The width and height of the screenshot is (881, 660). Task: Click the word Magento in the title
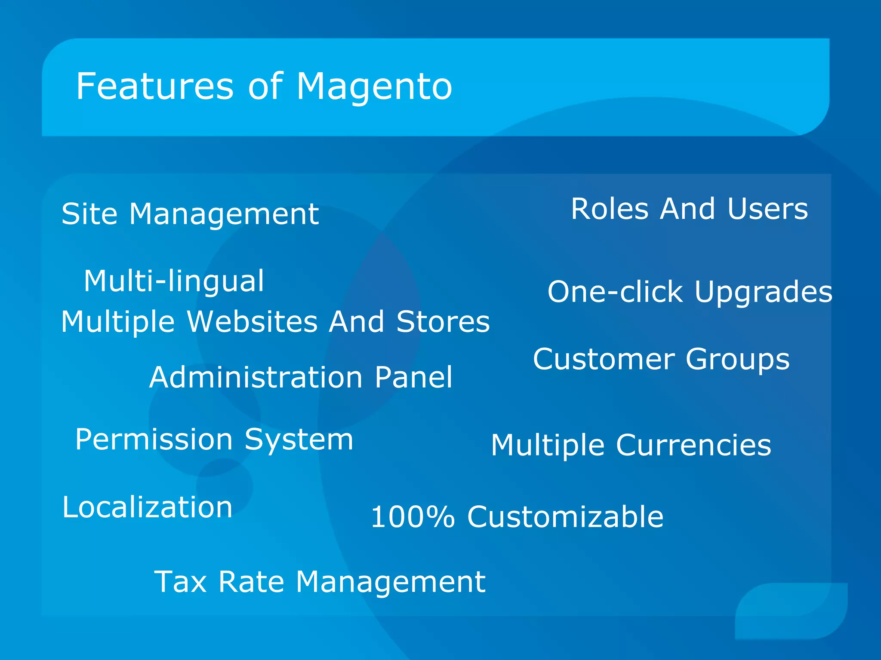pyautogui.click(x=374, y=87)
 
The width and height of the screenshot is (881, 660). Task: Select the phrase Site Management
pyautogui.click(x=190, y=214)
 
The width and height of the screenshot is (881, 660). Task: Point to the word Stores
pyautogui.click(x=443, y=322)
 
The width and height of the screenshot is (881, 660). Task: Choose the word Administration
pyautogui.click(x=256, y=378)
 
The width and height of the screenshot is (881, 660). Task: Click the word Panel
pyautogui.click(x=413, y=378)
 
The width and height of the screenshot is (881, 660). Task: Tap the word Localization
pyautogui.click(x=148, y=507)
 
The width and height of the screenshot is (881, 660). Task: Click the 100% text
pyautogui.click(x=412, y=517)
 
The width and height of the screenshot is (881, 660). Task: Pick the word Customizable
pyautogui.click(x=565, y=517)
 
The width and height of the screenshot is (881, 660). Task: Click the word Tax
pyautogui.click(x=180, y=582)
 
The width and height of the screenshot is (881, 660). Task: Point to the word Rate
pyautogui.click(x=251, y=582)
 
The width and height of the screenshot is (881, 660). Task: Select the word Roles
pyautogui.click(x=610, y=209)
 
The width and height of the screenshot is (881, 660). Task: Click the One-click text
pyautogui.click(x=615, y=292)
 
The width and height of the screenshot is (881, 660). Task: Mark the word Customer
pyautogui.click(x=604, y=360)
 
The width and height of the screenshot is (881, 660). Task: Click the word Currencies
pyautogui.click(x=693, y=446)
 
